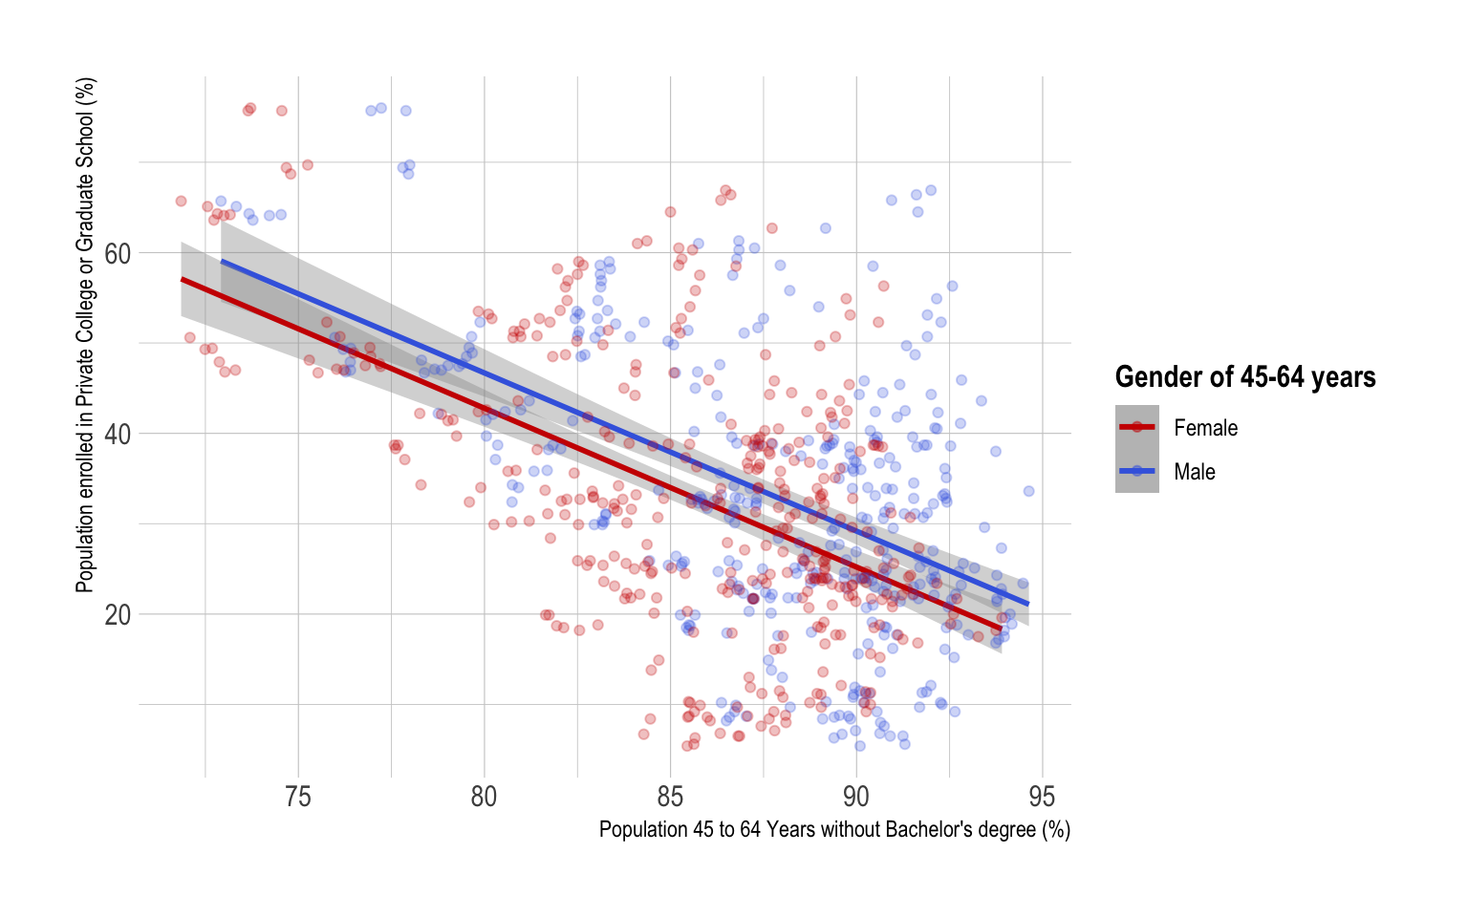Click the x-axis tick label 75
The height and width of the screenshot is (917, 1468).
pos(298,798)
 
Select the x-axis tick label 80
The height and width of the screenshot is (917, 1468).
pos(484,798)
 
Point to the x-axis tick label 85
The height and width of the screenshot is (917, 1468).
pos(670,798)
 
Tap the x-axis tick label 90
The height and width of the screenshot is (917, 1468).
pos(855,798)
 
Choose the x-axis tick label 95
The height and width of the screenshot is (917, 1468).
pos(1042,798)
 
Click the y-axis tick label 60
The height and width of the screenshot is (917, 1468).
pos(118,254)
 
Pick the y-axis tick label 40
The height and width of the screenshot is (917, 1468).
pos(118,435)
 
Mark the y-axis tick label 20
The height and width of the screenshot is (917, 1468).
pos(118,615)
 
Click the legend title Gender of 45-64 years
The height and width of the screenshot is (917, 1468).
pos(1245,377)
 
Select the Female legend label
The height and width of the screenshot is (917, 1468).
pos(1205,428)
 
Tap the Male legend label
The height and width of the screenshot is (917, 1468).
pos(1195,472)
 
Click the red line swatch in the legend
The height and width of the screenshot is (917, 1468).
pos(1137,427)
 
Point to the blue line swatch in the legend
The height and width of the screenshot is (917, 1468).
pos(1137,471)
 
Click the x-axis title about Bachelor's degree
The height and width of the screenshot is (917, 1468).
pos(834,829)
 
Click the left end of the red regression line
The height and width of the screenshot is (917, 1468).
pos(183,279)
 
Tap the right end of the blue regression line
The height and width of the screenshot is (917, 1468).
pos(1028,604)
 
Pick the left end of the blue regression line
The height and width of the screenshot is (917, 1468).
pos(222,261)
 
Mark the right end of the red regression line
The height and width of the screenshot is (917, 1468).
pos(1002,628)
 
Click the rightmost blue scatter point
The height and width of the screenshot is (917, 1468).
pos(1028,491)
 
